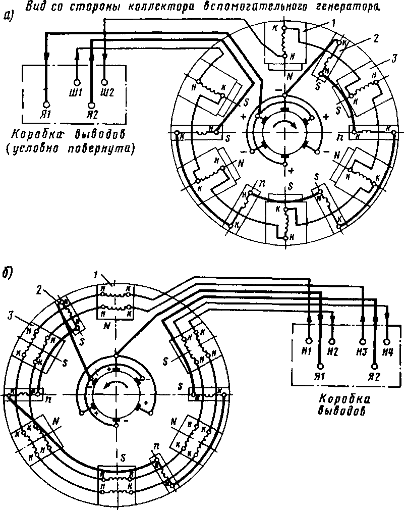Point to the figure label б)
[x=8, y=273]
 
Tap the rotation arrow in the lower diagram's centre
[x=116, y=385]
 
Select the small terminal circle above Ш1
[x=77, y=82]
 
